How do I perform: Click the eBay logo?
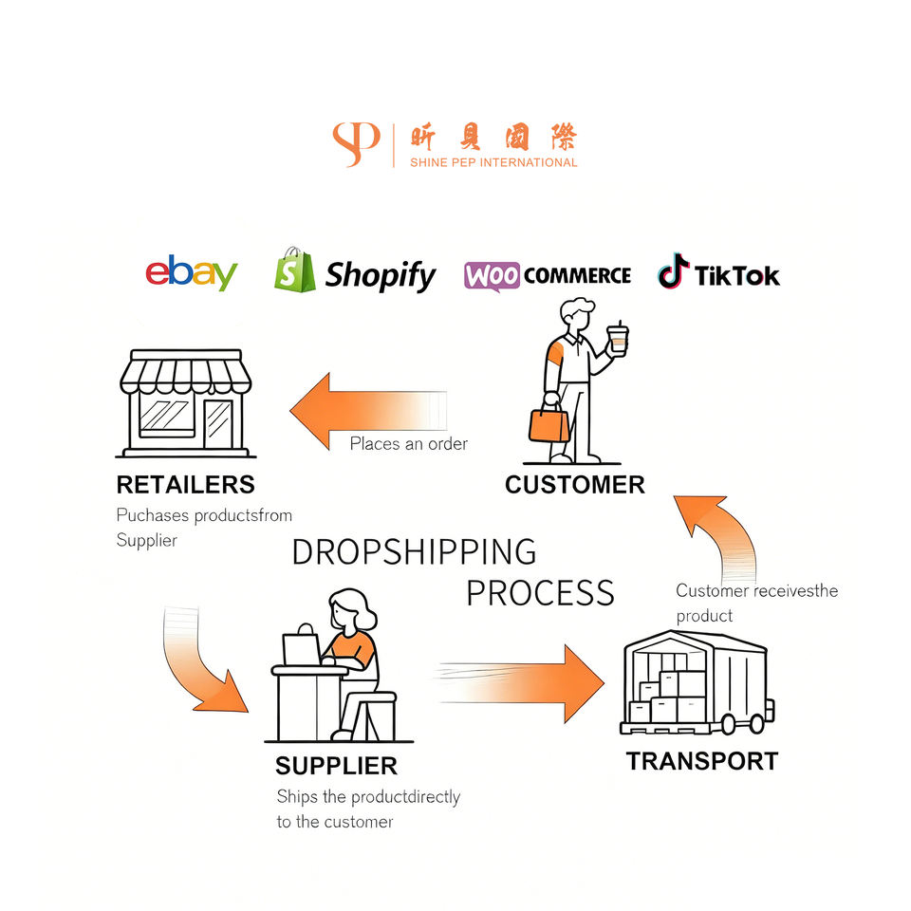click(191, 273)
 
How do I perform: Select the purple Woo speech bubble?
click(492, 276)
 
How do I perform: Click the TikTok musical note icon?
click(673, 271)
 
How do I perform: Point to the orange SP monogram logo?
click(356, 144)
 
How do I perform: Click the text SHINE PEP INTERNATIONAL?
click(493, 162)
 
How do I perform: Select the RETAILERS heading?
click(185, 485)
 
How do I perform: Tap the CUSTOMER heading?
click(574, 485)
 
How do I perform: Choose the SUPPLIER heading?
click(336, 766)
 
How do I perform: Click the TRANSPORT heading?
click(701, 761)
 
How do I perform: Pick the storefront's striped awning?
click(186, 373)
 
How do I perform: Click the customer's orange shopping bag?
click(548, 422)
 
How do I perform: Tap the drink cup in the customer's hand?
click(618, 338)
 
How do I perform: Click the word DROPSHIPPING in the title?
click(414, 552)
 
